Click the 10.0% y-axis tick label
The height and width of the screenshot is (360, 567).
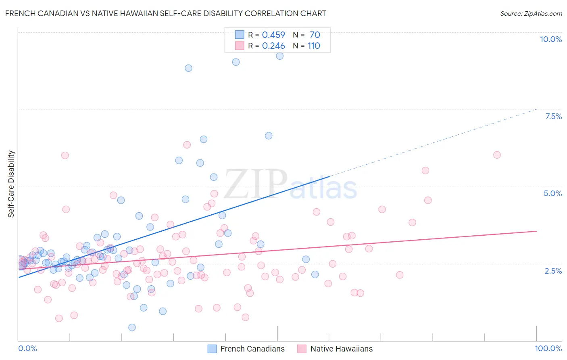point(550,39)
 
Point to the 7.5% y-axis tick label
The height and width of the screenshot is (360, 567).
point(553,116)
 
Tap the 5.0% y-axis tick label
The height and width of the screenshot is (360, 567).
point(552,193)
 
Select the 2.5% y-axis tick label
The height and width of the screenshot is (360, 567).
point(553,271)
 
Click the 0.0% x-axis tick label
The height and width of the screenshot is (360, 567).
point(27,348)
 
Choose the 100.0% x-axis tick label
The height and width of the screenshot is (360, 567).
point(548,348)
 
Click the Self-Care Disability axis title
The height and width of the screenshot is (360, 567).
point(11,184)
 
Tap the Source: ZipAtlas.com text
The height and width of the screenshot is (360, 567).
point(531,13)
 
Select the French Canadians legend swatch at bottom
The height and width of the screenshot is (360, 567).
point(212,349)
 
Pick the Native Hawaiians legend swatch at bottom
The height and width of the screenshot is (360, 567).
point(302,349)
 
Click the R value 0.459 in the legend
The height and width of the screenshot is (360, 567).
point(273,35)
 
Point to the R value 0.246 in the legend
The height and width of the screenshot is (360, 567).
point(273,46)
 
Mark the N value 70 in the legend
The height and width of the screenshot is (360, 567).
point(315,35)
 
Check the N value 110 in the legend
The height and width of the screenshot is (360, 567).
point(314,46)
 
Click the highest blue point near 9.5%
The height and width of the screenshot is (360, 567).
point(279,56)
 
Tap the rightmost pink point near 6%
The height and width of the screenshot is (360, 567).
point(497,155)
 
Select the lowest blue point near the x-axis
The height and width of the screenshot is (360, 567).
point(132,327)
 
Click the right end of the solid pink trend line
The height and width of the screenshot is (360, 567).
point(536,231)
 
